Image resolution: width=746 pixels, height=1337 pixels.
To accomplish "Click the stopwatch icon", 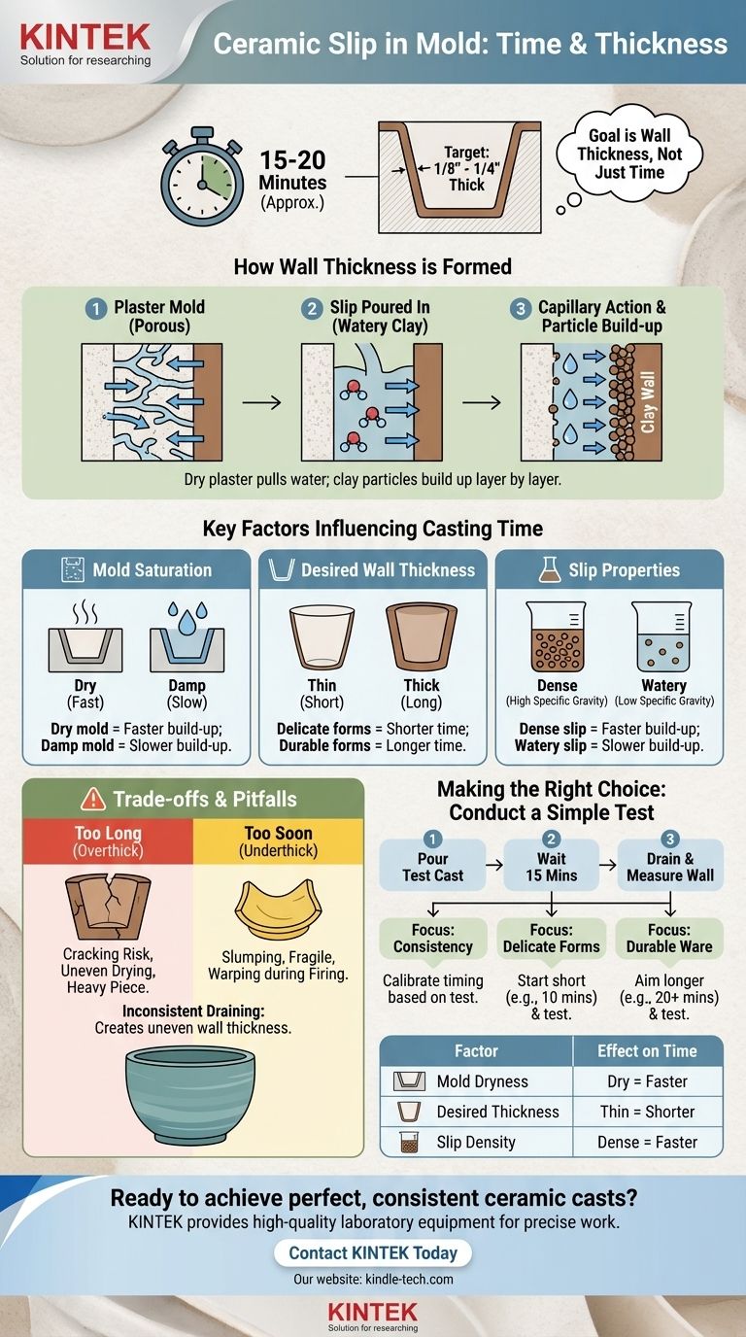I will [203, 176].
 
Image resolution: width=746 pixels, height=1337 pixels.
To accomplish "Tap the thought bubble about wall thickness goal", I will [628, 154].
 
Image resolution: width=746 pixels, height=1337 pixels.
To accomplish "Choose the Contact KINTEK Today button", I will [373, 1251].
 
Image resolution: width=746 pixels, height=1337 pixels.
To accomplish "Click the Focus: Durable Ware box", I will [669, 938].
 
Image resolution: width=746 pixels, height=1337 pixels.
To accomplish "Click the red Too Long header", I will [108, 841].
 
